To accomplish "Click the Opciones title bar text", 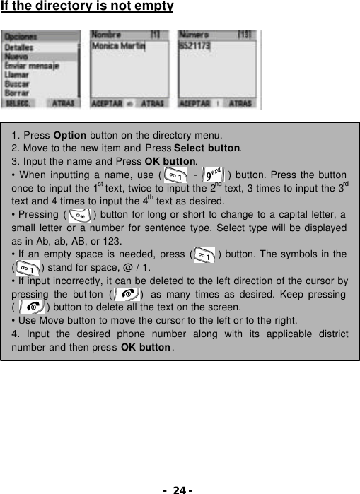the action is [21, 37].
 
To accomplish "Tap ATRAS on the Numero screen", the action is [240, 103].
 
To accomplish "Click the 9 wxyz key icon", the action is [212, 174].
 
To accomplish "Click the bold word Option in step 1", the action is [70, 134].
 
